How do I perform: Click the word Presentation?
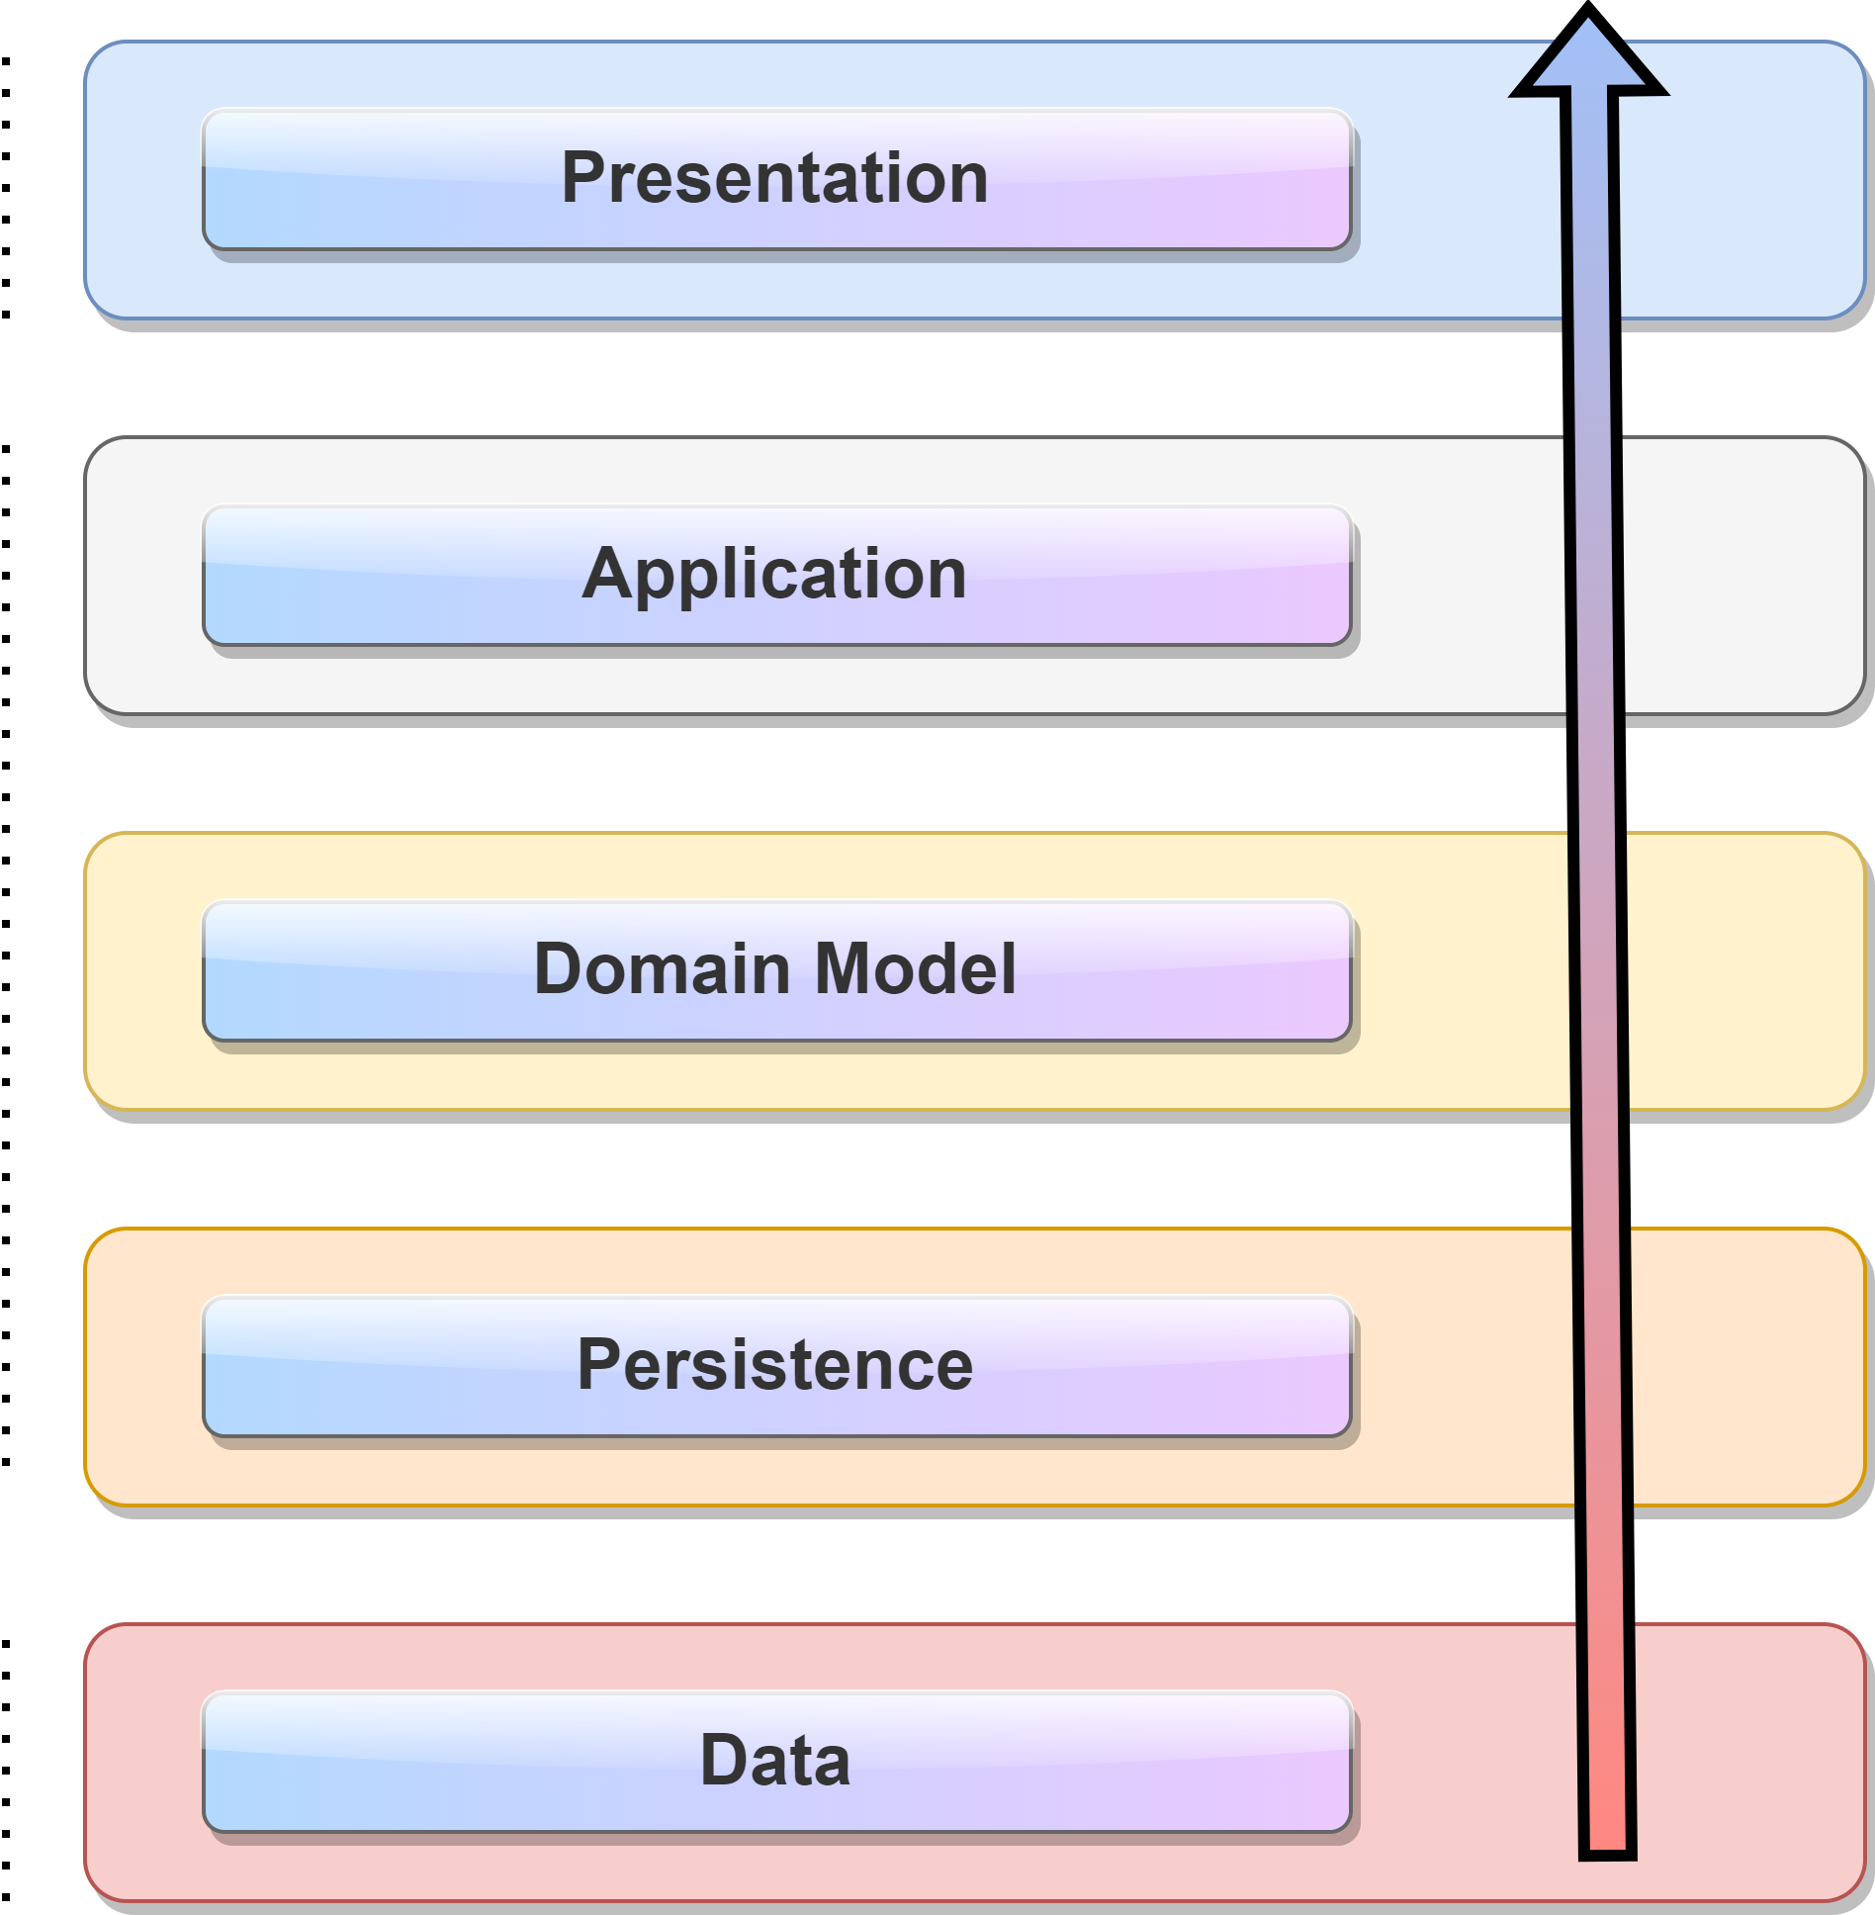pyautogui.click(x=774, y=179)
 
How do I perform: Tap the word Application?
pyautogui.click(x=774, y=575)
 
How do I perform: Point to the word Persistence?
pyautogui.click(x=774, y=1365)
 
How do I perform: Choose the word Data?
pyautogui.click(x=774, y=1762)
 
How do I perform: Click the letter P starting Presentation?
pyautogui.click(x=583, y=179)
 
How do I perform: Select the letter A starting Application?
pyautogui.click(x=604, y=575)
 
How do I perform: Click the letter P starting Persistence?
pyautogui.click(x=599, y=1365)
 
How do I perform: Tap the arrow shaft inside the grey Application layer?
pyautogui.click(x=1595, y=575)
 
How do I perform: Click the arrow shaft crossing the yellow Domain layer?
pyautogui.click(x=1599, y=969)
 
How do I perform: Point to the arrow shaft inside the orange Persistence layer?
pyautogui.click(x=1602, y=1365)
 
